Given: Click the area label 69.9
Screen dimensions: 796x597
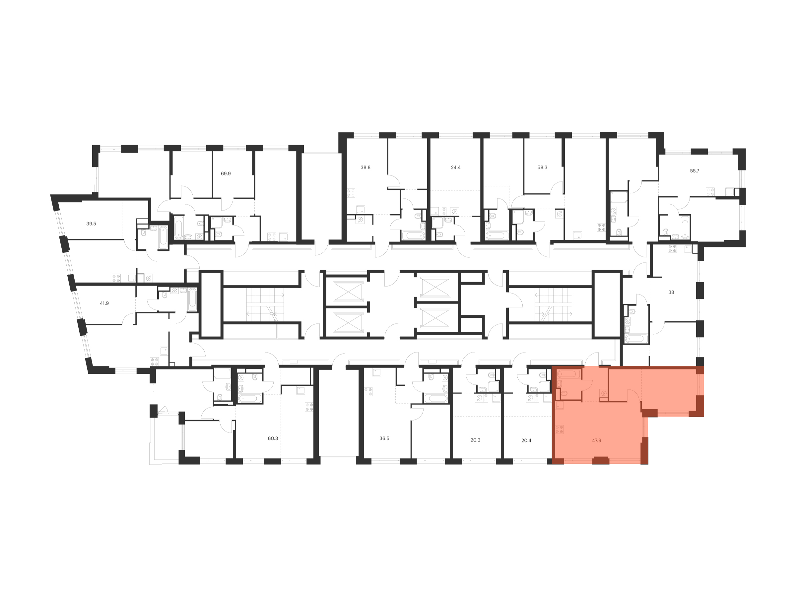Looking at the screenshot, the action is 226,173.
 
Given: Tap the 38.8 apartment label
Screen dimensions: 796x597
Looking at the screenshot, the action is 365,167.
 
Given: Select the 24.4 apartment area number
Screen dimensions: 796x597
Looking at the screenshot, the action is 456,167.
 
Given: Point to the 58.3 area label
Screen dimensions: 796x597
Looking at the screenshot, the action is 542,167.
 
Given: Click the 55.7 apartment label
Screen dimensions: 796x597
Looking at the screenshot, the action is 695,170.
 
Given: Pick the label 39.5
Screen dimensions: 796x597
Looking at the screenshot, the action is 91,224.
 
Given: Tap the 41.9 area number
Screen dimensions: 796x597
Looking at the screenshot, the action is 104,303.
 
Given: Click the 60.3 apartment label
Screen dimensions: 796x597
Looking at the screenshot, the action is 273,438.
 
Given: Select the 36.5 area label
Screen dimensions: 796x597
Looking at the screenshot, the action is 384,438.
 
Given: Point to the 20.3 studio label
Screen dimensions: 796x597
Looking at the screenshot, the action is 475,440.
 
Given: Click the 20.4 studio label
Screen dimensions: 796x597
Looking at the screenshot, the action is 526,440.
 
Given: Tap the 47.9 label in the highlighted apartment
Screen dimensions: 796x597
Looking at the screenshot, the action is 596,440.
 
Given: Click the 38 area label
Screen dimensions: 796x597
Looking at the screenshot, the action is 671,292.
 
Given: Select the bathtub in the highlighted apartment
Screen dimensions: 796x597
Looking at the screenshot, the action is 568,374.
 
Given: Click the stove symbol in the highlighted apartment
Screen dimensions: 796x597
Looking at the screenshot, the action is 560,429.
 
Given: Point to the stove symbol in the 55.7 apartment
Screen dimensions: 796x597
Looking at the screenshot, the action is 710,192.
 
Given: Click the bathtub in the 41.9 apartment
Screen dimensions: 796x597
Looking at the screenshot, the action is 192,299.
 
